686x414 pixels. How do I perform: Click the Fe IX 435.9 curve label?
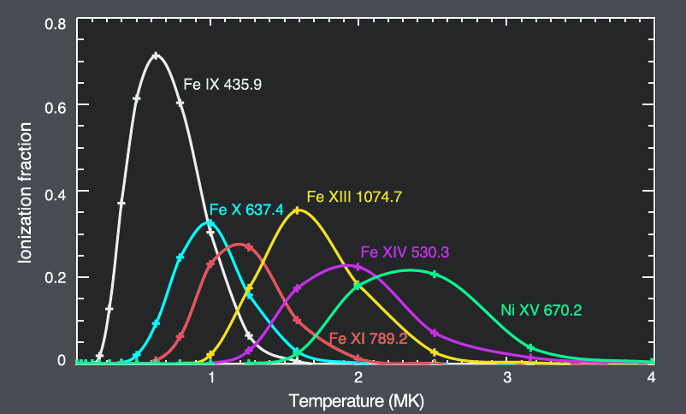click(222, 86)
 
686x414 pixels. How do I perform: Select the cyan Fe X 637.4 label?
click(246, 210)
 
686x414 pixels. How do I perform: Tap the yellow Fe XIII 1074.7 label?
click(354, 197)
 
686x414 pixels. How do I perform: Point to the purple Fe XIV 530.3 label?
click(405, 252)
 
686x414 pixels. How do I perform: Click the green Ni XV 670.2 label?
click(541, 310)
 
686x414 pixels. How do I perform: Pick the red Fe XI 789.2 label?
click(369, 338)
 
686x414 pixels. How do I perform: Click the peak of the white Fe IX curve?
click(155, 56)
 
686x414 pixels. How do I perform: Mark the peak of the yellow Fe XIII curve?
click(297, 210)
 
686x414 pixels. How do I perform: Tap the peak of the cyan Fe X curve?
click(210, 223)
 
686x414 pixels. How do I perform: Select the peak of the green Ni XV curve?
click(410, 270)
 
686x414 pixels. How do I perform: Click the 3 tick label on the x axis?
click(507, 377)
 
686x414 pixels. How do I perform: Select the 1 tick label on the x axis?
click(211, 377)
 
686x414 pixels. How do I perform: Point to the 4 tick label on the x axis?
click(653, 377)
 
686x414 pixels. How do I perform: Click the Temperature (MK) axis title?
click(356, 400)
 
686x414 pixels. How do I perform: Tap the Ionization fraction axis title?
click(27, 192)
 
